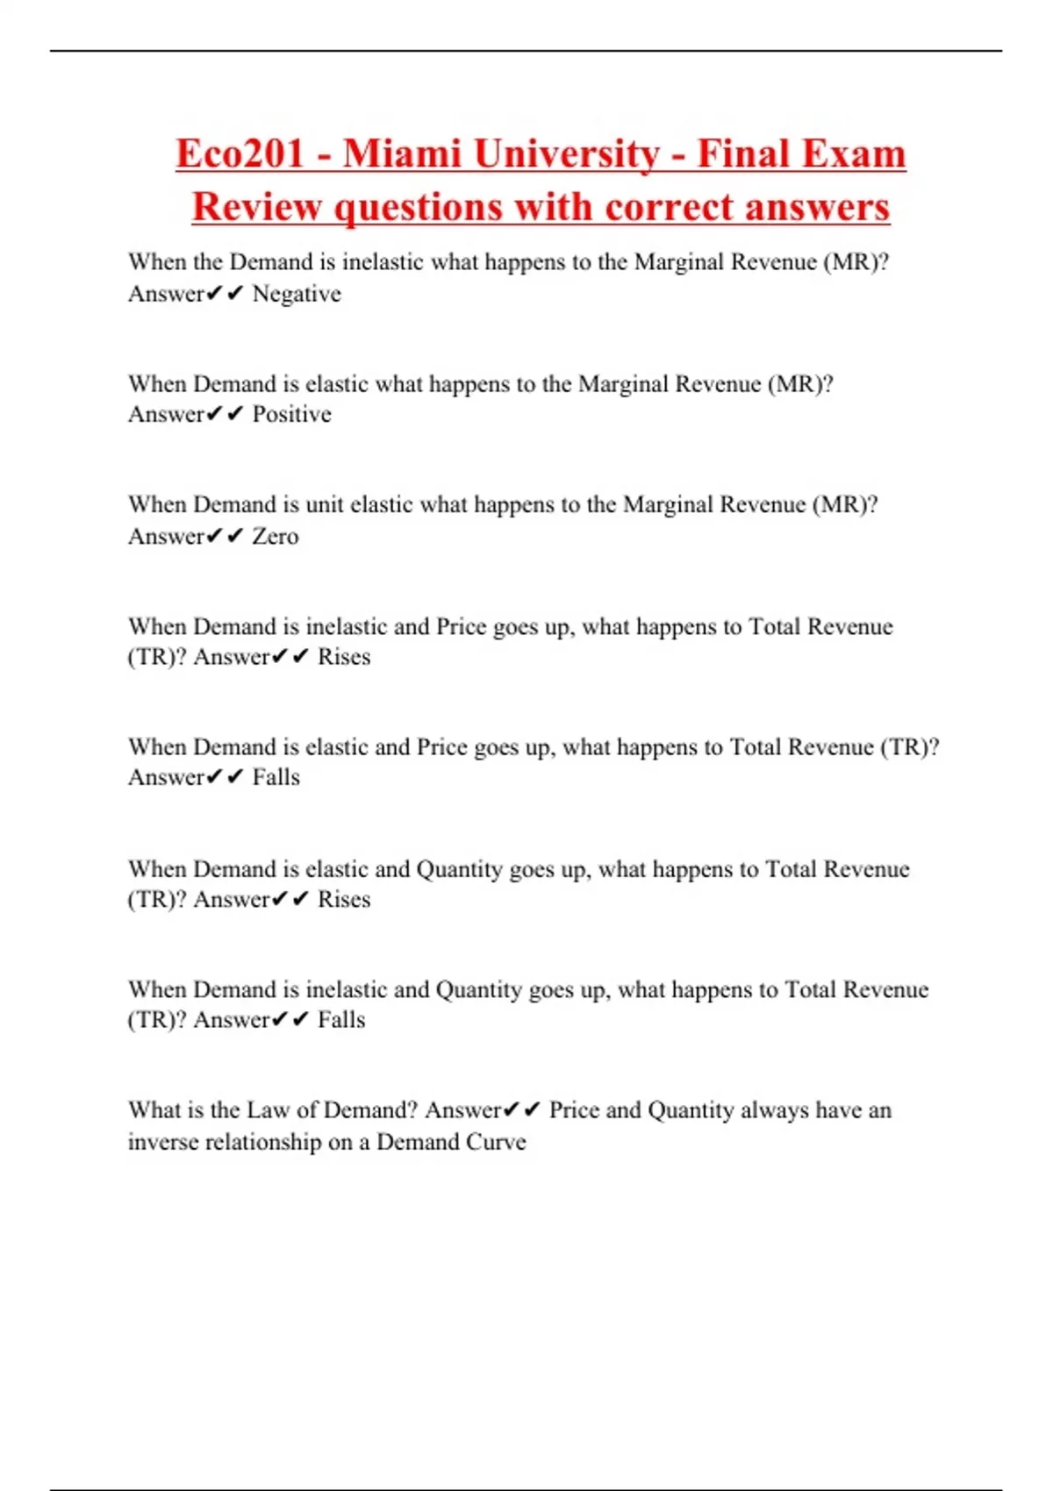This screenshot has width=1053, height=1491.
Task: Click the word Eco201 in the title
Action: (x=240, y=154)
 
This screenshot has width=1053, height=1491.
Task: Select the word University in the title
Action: (x=566, y=154)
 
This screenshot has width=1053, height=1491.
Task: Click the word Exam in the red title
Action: (x=853, y=154)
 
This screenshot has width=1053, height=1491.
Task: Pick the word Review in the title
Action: (x=257, y=208)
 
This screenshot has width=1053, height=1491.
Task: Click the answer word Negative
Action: (x=297, y=294)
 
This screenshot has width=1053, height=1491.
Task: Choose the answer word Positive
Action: (x=292, y=414)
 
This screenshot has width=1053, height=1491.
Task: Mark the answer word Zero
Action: (x=276, y=536)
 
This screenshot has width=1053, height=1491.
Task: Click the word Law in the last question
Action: (x=268, y=1110)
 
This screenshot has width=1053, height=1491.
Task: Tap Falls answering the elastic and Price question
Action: (x=276, y=777)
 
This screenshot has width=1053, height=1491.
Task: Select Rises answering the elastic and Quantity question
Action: (x=344, y=899)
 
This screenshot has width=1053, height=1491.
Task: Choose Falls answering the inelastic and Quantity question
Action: (x=341, y=1019)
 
